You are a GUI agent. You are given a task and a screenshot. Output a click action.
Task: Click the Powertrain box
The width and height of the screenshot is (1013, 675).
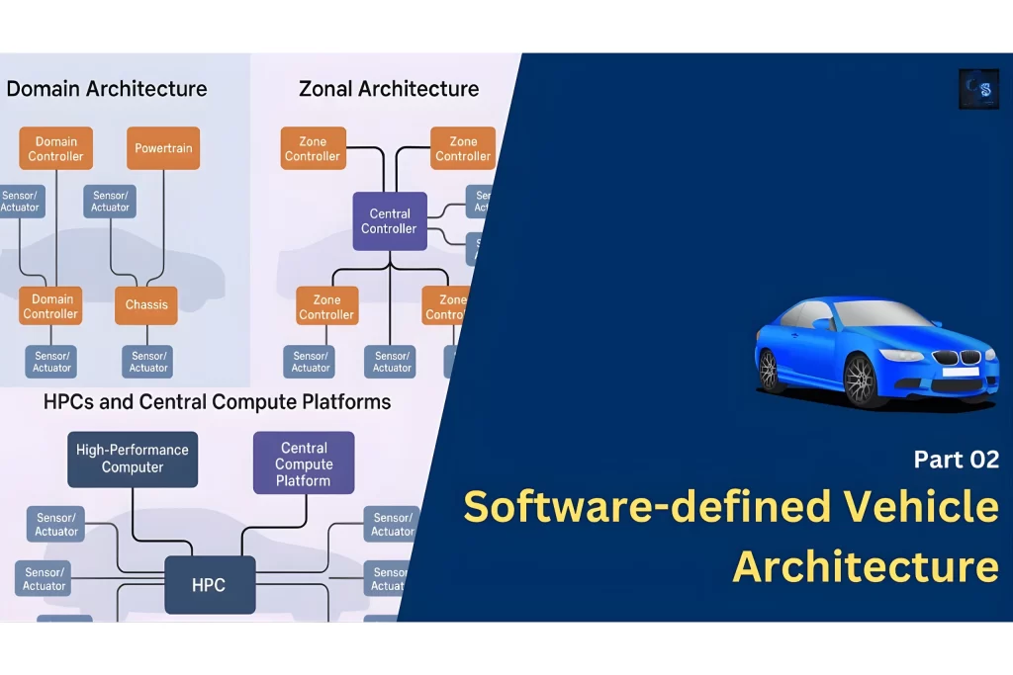pyautogui.click(x=163, y=148)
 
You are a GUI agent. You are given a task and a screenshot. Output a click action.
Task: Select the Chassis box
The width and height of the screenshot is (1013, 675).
pyautogui.click(x=145, y=304)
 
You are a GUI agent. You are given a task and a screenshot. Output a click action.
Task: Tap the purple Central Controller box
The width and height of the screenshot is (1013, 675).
pyautogui.click(x=390, y=220)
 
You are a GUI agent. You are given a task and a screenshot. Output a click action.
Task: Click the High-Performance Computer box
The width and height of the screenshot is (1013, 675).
pyautogui.click(x=133, y=459)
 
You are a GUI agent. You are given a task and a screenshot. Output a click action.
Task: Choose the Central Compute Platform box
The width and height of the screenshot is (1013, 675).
pyautogui.click(x=304, y=464)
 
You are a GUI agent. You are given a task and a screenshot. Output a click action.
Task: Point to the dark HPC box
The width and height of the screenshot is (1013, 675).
pyautogui.click(x=209, y=585)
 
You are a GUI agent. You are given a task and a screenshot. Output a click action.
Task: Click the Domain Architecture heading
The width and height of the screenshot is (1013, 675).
pyautogui.click(x=107, y=89)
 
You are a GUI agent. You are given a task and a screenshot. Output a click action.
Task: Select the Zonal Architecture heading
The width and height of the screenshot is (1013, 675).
pyautogui.click(x=389, y=89)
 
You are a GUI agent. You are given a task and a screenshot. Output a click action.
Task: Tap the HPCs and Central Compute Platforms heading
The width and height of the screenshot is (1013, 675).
pyautogui.click(x=217, y=402)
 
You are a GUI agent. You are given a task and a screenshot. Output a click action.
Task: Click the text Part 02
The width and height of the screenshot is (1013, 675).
pyautogui.click(x=956, y=460)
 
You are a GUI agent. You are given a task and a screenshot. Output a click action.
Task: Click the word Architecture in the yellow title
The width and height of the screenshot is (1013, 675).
pyautogui.click(x=866, y=567)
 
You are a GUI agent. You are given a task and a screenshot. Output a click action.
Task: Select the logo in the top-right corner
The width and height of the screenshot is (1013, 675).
pyautogui.click(x=978, y=89)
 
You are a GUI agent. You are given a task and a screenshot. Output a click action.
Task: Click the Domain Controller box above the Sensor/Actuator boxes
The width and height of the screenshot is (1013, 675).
pyautogui.click(x=55, y=148)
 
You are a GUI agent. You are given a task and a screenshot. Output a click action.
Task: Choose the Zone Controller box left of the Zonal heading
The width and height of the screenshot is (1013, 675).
pyautogui.click(x=313, y=148)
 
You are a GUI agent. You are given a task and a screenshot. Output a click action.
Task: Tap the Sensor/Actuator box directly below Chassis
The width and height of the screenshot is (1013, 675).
pyautogui.click(x=148, y=362)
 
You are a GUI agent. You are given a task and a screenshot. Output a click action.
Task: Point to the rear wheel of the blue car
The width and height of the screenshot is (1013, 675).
pyautogui.click(x=769, y=370)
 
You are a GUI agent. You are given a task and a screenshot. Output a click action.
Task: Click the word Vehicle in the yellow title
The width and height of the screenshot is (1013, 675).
pyautogui.click(x=920, y=508)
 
